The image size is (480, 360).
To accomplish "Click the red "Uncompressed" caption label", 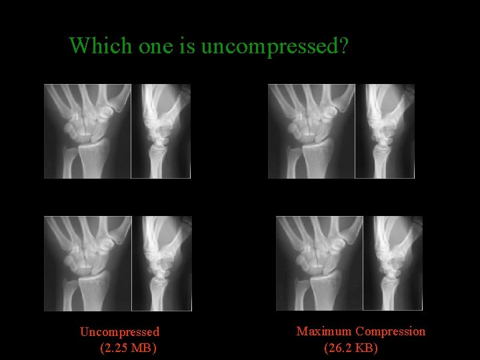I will click(x=119, y=331).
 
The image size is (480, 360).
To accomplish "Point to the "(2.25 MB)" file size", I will click(x=128, y=347).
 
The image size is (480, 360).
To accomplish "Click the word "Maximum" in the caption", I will click(x=324, y=331).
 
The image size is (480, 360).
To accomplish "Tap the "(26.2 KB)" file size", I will click(x=351, y=347).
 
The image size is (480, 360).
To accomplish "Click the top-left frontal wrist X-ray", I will click(x=87, y=131).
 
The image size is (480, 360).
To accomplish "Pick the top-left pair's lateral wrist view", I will click(x=161, y=131).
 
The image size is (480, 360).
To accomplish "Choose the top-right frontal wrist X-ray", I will click(x=311, y=131).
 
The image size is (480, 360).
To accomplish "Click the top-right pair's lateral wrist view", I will click(x=385, y=131).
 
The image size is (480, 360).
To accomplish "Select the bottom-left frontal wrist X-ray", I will click(x=87, y=263).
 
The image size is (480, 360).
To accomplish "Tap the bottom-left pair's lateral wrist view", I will click(x=162, y=263).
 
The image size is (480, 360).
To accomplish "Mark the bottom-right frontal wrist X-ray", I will click(x=319, y=263).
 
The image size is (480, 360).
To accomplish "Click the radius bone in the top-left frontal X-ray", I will click(x=93, y=160).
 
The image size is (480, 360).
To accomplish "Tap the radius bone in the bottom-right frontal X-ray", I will click(x=325, y=293).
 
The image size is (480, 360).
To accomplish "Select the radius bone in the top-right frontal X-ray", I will click(x=316, y=160).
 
